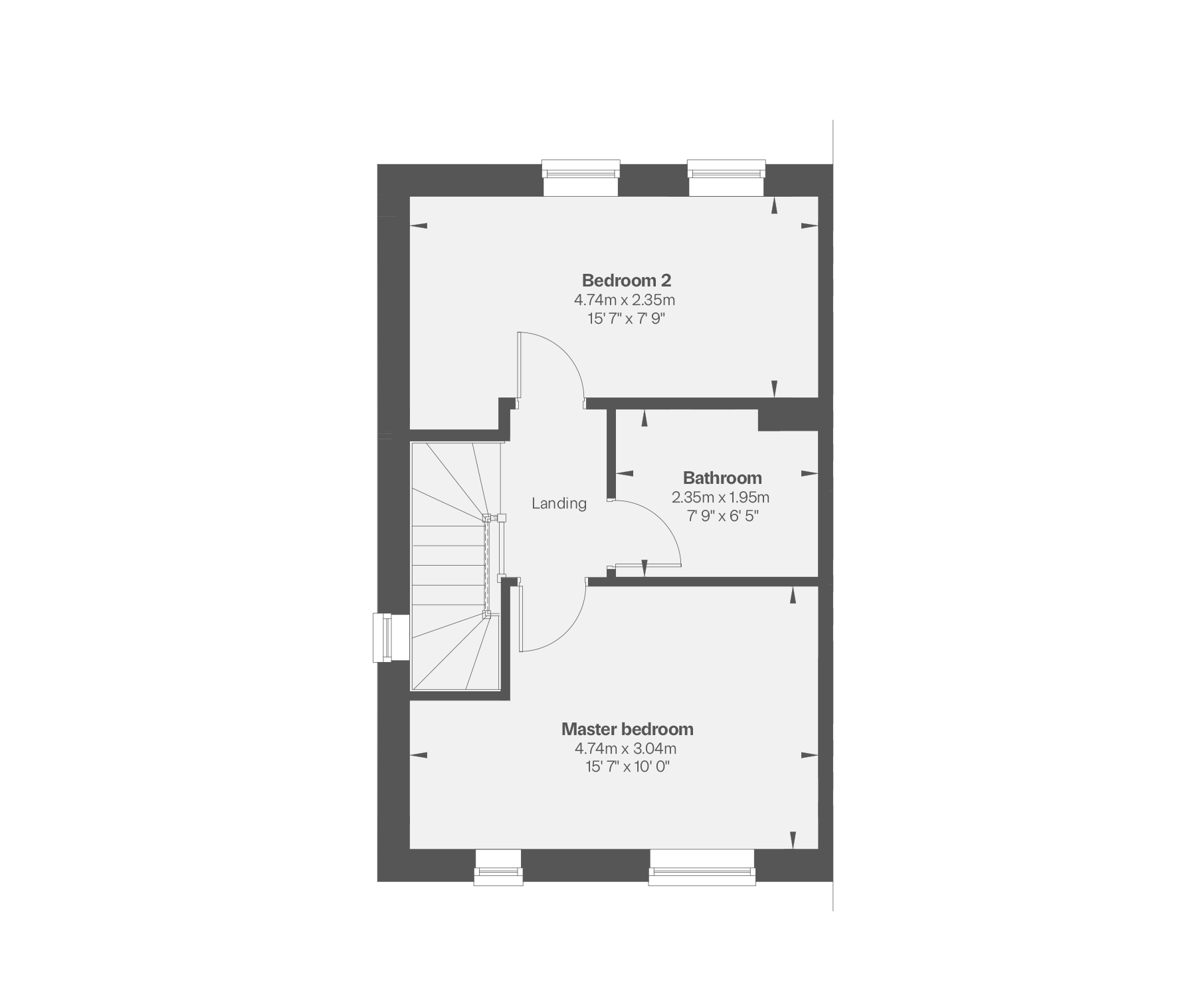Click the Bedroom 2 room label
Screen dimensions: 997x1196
pyautogui.click(x=627, y=280)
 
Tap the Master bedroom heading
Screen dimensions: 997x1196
pyautogui.click(x=627, y=729)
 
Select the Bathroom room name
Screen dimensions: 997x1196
pyautogui.click(x=722, y=478)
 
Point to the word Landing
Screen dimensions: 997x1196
pyautogui.click(x=559, y=503)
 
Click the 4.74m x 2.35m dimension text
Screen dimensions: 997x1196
pyautogui.click(x=625, y=300)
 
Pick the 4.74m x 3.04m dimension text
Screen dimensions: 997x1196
pyautogui.click(x=625, y=748)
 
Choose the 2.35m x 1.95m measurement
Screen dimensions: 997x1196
pyautogui.click(x=720, y=497)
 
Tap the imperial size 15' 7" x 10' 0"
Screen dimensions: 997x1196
pyautogui.click(x=627, y=767)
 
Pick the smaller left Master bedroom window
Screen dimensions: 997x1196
pyautogui.click(x=498, y=867)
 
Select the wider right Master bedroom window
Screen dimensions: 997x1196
pyautogui.click(x=702, y=867)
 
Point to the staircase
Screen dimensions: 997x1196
pyautogui.click(x=452, y=565)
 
